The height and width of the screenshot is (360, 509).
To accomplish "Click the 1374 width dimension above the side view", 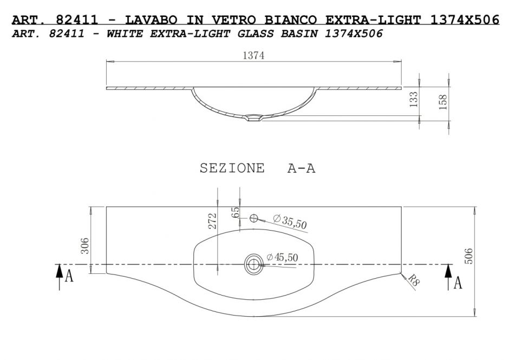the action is (x=253, y=56).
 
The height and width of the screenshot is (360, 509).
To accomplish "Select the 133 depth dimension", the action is (x=414, y=100).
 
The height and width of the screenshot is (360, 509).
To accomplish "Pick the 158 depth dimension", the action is (x=443, y=102).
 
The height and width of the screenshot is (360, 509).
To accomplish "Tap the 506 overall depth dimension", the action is (x=469, y=256).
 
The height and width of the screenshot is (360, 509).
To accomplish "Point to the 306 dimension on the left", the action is (x=84, y=246).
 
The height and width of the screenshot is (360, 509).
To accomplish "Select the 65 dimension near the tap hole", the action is (x=236, y=212).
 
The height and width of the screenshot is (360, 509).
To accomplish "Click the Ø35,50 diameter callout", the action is (x=290, y=221).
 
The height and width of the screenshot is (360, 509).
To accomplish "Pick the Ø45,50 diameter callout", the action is (x=282, y=258).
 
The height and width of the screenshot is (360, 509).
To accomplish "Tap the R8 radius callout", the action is (x=413, y=280).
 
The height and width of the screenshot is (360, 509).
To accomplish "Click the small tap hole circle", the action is (x=253, y=218).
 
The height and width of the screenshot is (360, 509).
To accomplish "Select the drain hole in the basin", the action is (x=253, y=264).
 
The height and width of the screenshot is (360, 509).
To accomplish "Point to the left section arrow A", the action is (x=64, y=277).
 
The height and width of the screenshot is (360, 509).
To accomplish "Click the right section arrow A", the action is (x=453, y=277).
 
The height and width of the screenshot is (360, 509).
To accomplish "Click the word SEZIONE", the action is (x=232, y=168).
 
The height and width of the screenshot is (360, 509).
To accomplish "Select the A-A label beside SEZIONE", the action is (x=301, y=168).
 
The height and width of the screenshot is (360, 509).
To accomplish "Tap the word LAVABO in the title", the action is (x=151, y=20).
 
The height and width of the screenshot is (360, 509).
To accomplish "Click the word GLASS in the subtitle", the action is (x=256, y=34).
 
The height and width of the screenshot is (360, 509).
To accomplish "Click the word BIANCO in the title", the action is (x=291, y=20).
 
